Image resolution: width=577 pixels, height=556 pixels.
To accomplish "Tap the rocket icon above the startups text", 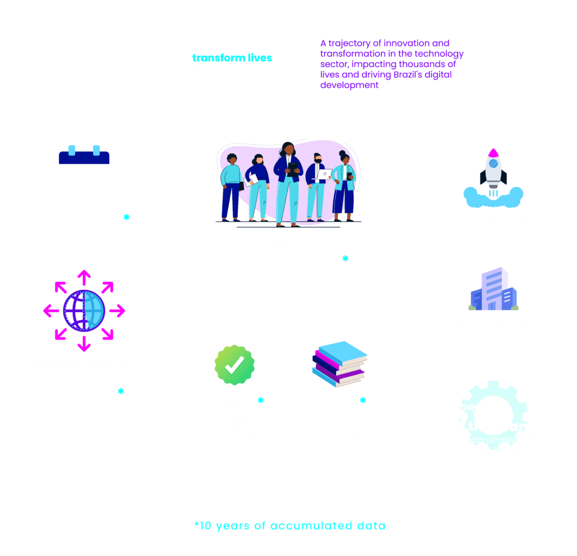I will click(x=493, y=174).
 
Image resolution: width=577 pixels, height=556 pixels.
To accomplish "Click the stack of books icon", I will click(x=339, y=365).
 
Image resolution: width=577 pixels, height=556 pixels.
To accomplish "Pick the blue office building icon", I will click(x=493, y=290).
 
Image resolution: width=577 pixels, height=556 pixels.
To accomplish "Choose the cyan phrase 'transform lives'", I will click(x=232, y=58).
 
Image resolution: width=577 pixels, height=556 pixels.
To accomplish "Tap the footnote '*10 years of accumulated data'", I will click(x=290, y=526).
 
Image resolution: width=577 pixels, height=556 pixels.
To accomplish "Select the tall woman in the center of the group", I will click(x=288, y=179).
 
